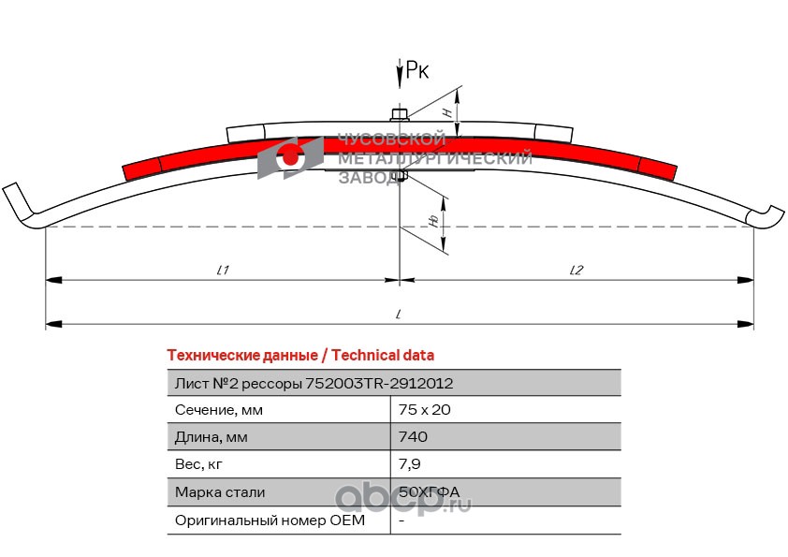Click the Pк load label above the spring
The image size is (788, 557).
point(417,71)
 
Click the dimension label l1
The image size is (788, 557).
point(223,270)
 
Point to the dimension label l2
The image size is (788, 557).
point(576,270)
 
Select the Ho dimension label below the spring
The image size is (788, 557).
point(433,219)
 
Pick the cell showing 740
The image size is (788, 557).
point(413,436)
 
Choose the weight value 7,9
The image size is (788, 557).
point(408,463)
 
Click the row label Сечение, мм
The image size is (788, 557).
point(219,409)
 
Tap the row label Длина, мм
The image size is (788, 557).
point(212,436)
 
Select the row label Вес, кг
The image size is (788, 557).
point(199,463)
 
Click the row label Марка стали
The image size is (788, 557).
point(220,491)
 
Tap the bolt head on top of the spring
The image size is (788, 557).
point(400,115)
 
